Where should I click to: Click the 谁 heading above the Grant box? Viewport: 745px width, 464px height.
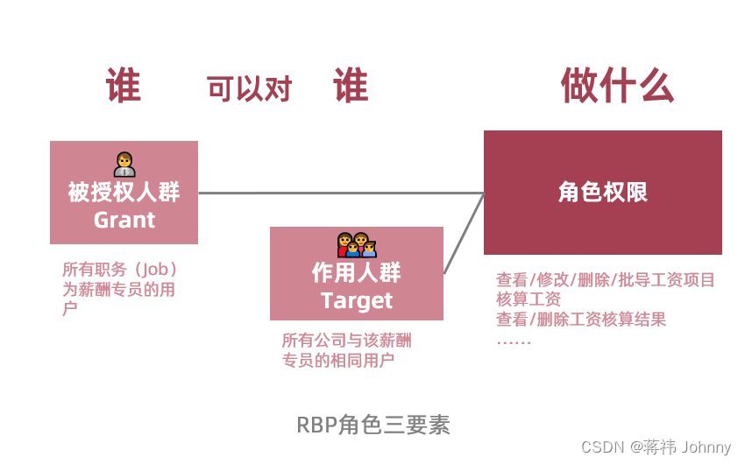pyautogui.click(x=124, y=87)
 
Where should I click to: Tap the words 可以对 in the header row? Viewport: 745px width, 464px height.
pyautogui.click(x=249, y=88)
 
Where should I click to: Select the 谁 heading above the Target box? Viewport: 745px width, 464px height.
pyautogui.click(x=351, y=87)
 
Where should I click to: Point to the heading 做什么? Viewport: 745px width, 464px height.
pyautogui.click(x=617, y=86)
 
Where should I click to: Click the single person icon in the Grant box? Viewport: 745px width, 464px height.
pyautogui.click(x=124, y=164)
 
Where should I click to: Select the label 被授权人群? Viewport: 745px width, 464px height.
pyautogui.click(x=124, y=192)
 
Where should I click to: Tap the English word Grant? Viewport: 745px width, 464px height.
pyautogui.click(x=124, y=220)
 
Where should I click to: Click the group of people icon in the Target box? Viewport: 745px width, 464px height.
pyautogui.click(x=357, y=245)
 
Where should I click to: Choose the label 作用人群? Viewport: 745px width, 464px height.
pyautogui.click(x=356, y=272)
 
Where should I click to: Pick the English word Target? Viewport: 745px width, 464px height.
pyautogui.click(x=357, y=300)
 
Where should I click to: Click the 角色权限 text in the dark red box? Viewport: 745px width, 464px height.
pyautogui.click(x=603, y=193)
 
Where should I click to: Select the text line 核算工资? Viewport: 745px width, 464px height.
pyautogui.click(x=529, y=299)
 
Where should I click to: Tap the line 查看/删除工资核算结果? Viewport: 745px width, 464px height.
pyautogui.click(x=581, y=319)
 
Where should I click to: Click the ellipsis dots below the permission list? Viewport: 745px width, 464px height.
pyautogui.click(x=514, y=341)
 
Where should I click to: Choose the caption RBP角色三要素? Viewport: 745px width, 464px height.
pyautogui.click(x=373, y=425)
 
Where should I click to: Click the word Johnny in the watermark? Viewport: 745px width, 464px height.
pyautogui.click(x=706, y=446)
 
